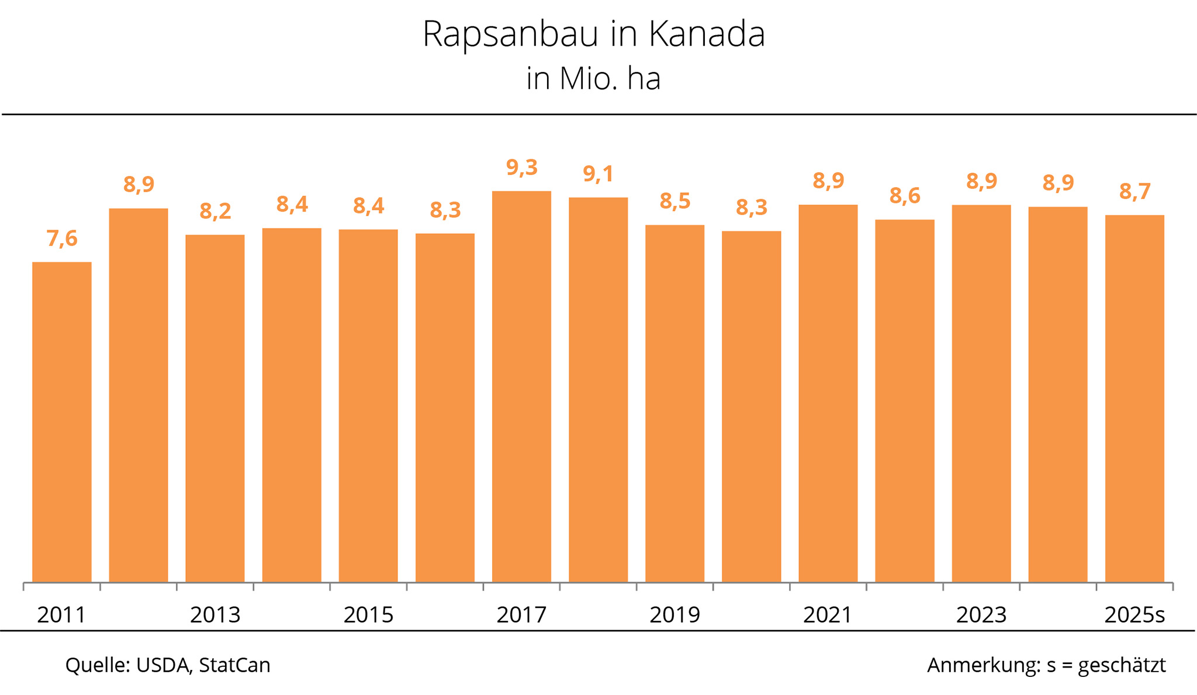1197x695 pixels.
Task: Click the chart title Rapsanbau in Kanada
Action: click(593, 34)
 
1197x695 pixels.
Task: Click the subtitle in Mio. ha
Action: click(593, 79)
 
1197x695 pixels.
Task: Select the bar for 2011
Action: click(62, 421)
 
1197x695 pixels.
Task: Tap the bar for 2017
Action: click(521, 386)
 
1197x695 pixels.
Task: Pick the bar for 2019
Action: click(674, 403)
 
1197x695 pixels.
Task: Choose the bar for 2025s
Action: click(1134, 397)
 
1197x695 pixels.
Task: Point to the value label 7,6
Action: click(62, 238)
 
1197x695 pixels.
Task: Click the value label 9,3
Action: click(521, 168)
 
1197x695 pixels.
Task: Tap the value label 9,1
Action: click(598, 174)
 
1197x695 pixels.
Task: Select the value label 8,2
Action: click(215, 211)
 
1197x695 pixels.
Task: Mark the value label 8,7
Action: click(1134, 192)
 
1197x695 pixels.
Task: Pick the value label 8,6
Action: click(905, 196)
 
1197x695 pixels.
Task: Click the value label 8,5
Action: click(674, 201)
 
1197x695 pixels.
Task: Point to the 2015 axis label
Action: click(368, 615)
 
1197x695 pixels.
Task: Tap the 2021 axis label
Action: click(828, 615)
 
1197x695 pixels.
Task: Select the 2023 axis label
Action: click(981, 615)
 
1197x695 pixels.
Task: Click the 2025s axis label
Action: click(1134, 615)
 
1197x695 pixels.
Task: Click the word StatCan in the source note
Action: click(234, 665)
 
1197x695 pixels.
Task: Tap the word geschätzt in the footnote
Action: click(1122, 665)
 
